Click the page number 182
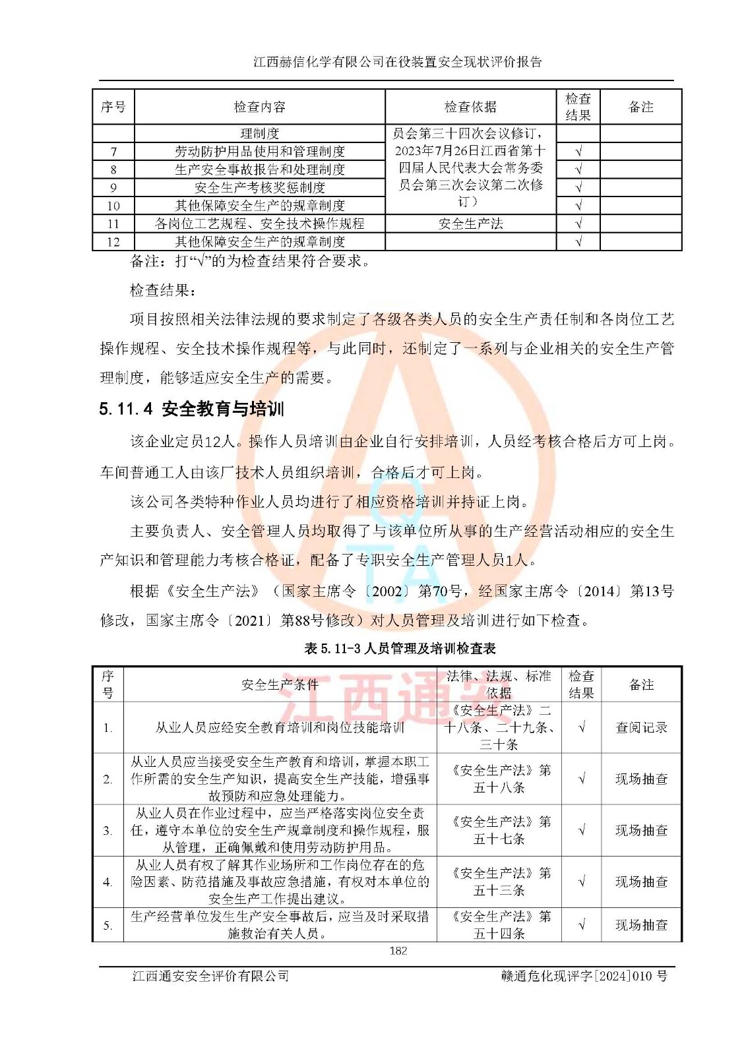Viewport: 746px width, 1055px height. pyautogui.click(x=398, y=950)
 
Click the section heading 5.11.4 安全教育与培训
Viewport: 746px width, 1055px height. pyautogui.click(x=191, y=409)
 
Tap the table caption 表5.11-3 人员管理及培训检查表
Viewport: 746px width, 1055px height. pyautogui.click(x=400, y=648)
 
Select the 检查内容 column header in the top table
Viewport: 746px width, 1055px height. pyautogui.click(x=259, y=107)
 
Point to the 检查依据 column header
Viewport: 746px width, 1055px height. pyautogui.click(x=470, y=107)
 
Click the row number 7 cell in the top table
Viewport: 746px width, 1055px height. pyautogui.click(x=113, y=152)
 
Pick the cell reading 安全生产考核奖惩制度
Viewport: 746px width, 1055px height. pyautogui.click(x=259, y=188)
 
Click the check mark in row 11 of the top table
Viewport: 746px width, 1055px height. pyautogui.click(x=578, y=224)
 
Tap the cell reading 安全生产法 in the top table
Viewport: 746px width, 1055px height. pyautogui.click(x=470, y=224)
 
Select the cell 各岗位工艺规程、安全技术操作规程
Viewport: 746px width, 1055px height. pyautogui.click(x=259, y=224)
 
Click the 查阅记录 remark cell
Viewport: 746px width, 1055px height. pyautogui.click(x=641, y=727)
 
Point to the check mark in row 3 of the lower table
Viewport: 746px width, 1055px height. pyautogui.click(x=581, y=830)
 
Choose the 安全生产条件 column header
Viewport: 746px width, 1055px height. pyautogui.click(x=280, y=684)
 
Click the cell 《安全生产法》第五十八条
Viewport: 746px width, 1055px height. pyautogui.click(x=499, y=779)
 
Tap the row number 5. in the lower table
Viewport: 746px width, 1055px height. pyautogui.click(x=108, y=925)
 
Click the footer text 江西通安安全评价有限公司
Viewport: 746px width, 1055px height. pyautogui.click(x=210, y=976)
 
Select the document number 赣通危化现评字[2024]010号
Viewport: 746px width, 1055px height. pyautogui.click(x=583, y=976)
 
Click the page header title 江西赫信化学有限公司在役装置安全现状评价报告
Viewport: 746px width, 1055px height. pyautogui.click(x=398, y=62)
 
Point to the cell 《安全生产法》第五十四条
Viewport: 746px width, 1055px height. pyautogui.click(x=499, y=925)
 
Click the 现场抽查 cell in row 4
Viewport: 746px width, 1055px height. pyautogui.click(x=641, y=882)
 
